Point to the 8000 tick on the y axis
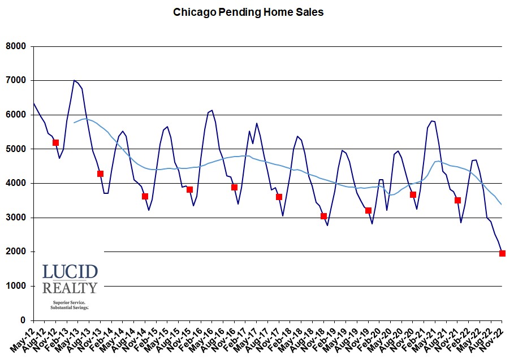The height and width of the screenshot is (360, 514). click(x=16, y=46)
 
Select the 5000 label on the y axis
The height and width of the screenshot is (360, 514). click(x=16, y=149)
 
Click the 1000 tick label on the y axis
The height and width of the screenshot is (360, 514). click(x=16, y=287)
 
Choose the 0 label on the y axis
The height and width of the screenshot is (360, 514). click(x=24, y=320)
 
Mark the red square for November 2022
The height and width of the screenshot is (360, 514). click(x=502, y=253)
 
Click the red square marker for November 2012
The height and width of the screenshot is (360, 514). click(x=55, y=142)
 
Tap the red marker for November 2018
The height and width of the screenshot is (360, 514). click(x=323, y=216)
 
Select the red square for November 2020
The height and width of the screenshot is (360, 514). click(x=413, y=194)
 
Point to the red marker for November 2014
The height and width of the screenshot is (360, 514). click(x=145, y=196)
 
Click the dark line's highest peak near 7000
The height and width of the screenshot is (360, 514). click(x=74, y=80)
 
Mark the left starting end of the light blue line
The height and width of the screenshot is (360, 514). click(x=74, y=123)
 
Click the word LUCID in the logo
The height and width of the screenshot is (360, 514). click(x=70, y=272)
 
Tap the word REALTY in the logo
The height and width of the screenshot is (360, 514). click(x=70, y=288)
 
